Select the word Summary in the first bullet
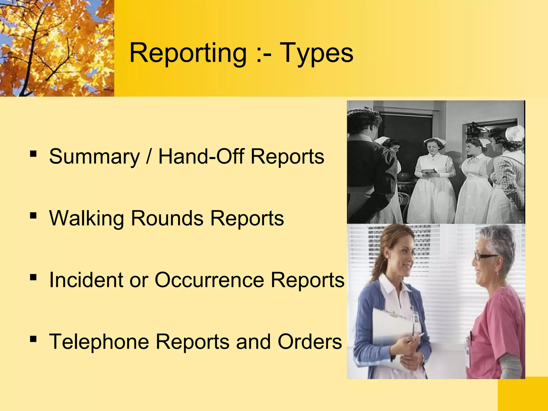[x=94, y=157]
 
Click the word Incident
[x=86, y=280]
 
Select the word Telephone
[x=99, y=342]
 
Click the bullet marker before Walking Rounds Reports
[x=33, y=215]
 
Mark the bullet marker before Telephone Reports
[x=33, y=339]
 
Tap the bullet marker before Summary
[x=33, y=154]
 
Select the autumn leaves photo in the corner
[x=57, y=48]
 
